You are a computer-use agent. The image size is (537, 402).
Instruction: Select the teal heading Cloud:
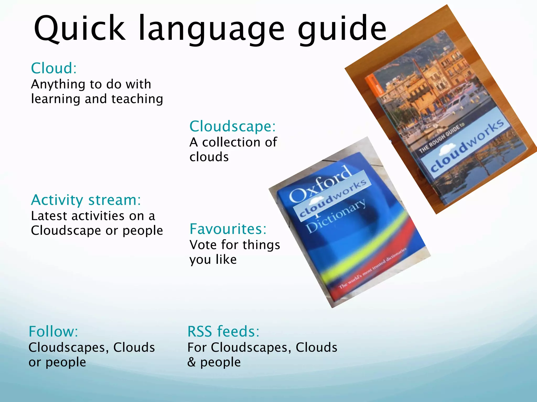click(x=54, y=68)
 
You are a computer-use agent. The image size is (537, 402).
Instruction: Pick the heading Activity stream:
click(x=86, y=200)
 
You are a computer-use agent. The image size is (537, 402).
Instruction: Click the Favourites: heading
click(x=228, y=229)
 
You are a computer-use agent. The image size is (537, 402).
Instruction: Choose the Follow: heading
click(x=53, y=332)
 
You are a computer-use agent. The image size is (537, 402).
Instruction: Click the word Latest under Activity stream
click(x=49, y=216)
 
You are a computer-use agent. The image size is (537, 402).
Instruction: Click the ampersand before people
click(x=191, y=362)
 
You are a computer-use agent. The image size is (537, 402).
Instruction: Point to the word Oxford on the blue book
click(x=320, y=185)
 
